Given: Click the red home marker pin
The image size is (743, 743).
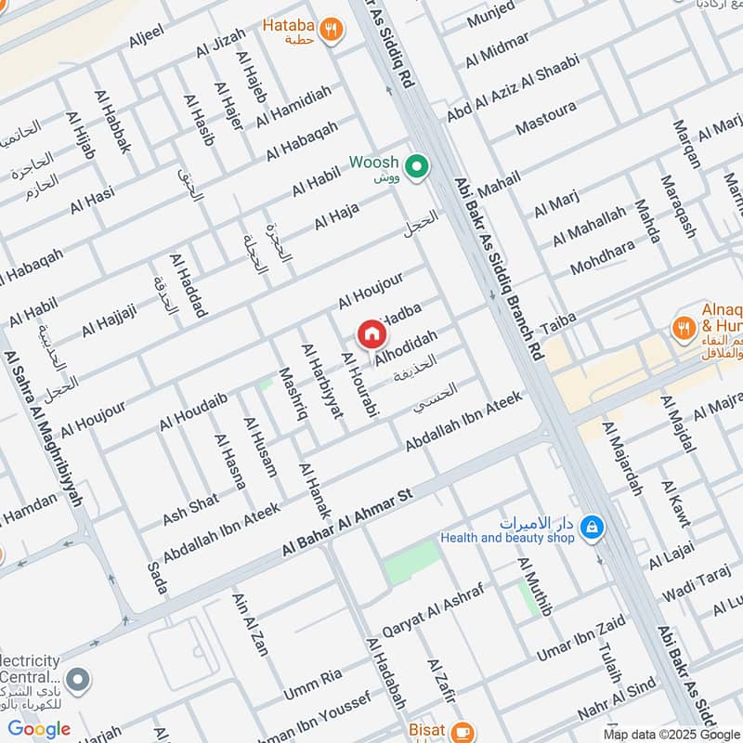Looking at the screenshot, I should click(371, 334).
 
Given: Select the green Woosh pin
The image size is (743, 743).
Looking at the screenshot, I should click(418, 167).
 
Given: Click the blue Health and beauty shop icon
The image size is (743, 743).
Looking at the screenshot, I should click(591, 529).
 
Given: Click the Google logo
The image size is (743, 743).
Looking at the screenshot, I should click(39, 729).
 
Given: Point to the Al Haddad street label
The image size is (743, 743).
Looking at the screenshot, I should click(188, 284).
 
